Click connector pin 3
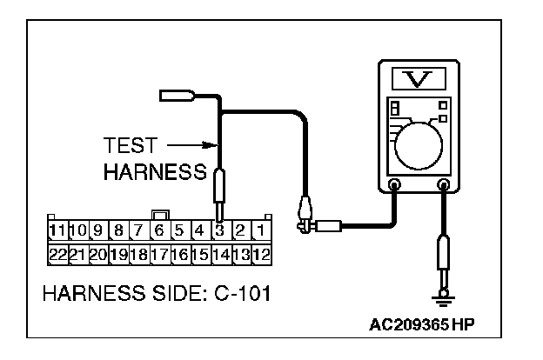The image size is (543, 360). (x=220, y=231)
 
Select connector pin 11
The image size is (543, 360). (x=57, y=231)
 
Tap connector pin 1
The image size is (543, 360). (x=259, y=231)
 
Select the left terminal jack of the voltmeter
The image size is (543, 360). (x=394, y=184)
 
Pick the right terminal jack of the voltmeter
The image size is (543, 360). (x=444, y=184)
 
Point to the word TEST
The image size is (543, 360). (x=129, y=145)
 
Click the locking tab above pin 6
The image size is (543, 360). (x=159, y=214)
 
